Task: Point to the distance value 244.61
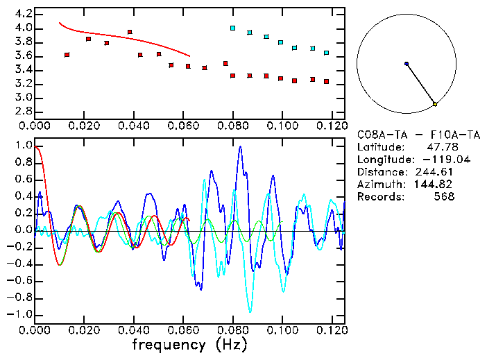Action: coord(434,172)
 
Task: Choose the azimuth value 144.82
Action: coord(434,185)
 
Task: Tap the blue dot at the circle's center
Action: coord(407,64)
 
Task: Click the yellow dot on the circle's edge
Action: coord(435,104)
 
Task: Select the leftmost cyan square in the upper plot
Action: coord(233,28)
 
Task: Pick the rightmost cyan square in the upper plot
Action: coord(326,53)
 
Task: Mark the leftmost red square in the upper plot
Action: coord(67,55)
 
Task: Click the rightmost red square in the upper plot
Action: coord(326,81)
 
